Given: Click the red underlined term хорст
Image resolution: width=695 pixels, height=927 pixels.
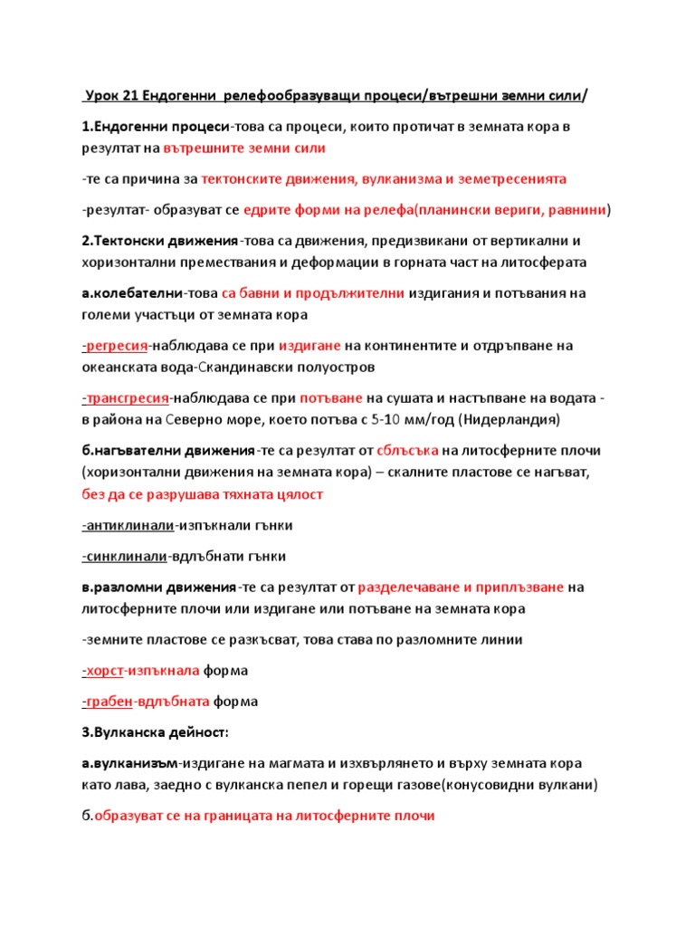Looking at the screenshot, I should [x=102, y=671].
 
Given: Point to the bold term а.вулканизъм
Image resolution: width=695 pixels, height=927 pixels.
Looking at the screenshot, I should [x=129, y=762].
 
